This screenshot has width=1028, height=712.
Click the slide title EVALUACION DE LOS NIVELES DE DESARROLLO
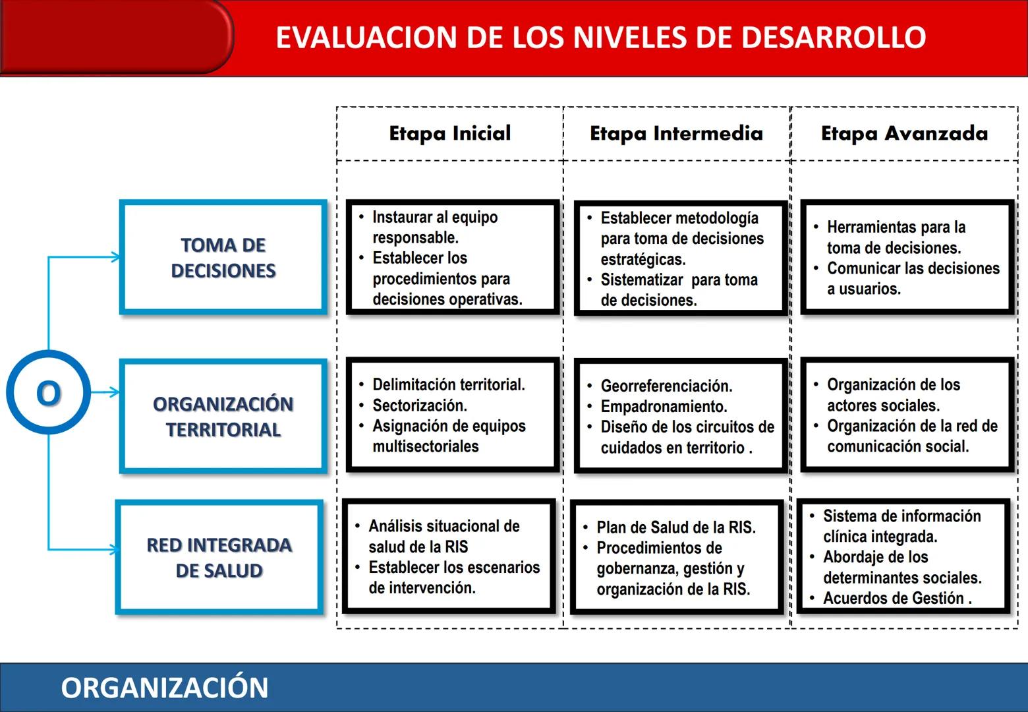[x=600, y=38]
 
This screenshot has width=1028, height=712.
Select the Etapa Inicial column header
[x=450, y=133]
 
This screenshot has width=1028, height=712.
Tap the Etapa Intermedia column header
[x=676, y=133]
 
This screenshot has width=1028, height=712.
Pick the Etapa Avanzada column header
[x=904, y=133]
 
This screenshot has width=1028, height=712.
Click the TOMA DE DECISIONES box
[x=223, y=258]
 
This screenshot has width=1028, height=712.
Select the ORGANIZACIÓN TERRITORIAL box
[x=223, y=417]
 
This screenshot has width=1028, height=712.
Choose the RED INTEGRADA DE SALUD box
[x=219, y=558]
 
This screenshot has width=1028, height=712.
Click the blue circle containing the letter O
[x=49, y=393]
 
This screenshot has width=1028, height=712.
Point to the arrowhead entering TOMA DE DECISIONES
[x=116, y=257]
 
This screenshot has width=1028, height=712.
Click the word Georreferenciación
[x=666, y=386]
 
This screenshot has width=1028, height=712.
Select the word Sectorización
[x=419, y=405]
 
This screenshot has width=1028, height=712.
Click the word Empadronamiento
[x=664, y=406]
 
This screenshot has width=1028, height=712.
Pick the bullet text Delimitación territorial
[x=448, y=384]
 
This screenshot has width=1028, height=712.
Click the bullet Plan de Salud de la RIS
[x=675, y=527]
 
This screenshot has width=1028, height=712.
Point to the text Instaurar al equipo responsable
[x=434, y=227]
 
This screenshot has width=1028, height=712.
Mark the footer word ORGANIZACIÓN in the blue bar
[x=165, y=688]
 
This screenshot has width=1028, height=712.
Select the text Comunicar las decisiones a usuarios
[x=913, y=278]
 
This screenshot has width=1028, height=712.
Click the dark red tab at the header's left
[x=115, y=36]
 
